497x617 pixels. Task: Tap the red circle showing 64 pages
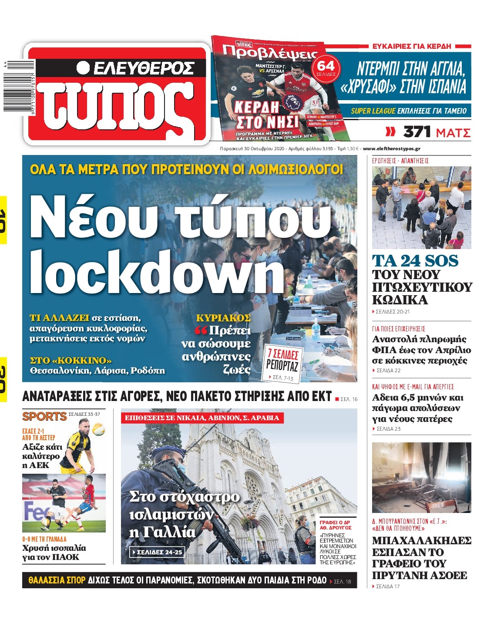point(326,67)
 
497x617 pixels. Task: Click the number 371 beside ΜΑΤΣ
point(417,131)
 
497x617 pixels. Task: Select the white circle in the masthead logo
point(83,67)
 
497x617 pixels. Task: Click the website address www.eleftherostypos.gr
point(391,148)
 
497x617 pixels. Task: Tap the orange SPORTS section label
point(44,416)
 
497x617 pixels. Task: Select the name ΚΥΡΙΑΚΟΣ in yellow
point(223,317)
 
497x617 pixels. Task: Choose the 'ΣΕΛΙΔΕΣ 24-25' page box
point(157,552)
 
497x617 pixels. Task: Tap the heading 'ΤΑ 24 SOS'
point(415,261)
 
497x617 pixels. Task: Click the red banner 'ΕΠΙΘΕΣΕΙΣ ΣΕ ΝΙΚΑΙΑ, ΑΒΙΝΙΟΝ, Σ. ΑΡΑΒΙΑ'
point(202,418)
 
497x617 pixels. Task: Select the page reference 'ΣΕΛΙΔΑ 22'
point(388,371)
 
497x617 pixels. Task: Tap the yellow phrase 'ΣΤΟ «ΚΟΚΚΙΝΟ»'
point(71,360)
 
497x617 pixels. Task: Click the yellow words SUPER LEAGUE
point(373,111)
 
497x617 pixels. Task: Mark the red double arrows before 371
point(391,131)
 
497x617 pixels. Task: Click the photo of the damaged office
point(421,477)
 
